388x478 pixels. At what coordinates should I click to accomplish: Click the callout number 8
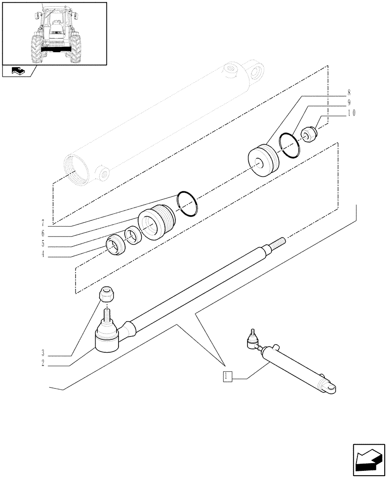349,92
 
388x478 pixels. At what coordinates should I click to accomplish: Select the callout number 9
349,102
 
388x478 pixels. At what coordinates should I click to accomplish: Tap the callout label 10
351,113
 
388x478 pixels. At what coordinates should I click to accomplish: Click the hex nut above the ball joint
107,294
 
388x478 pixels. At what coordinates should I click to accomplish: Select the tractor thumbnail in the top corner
54,33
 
